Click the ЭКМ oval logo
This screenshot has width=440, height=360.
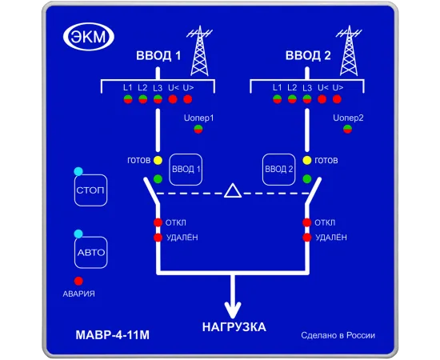point(89,37)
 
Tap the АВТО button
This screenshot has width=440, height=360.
point(91,253)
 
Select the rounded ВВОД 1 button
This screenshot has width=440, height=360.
point(186,170)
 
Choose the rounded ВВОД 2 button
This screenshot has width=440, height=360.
point(278,170)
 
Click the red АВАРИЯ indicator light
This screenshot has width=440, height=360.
point(78,281)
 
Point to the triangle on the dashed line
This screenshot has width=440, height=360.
point(233,191)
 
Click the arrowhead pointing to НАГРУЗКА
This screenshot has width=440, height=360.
point(233,310)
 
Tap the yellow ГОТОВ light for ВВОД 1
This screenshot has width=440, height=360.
point(158,161)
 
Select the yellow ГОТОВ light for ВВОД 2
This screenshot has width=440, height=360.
point(307,161)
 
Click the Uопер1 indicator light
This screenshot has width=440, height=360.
point(198,130)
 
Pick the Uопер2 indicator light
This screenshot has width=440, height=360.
point(348,130)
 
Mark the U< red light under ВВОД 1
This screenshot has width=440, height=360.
point(173,99)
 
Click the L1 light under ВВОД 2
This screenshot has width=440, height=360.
point(278,99)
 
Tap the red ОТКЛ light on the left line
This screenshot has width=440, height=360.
point(158,222)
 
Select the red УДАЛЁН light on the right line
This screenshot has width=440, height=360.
point(307,238)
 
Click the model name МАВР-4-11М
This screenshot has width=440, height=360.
point(113,335)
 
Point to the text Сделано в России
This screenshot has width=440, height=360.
point(338,335)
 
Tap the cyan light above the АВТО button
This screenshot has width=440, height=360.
point(78,234)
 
